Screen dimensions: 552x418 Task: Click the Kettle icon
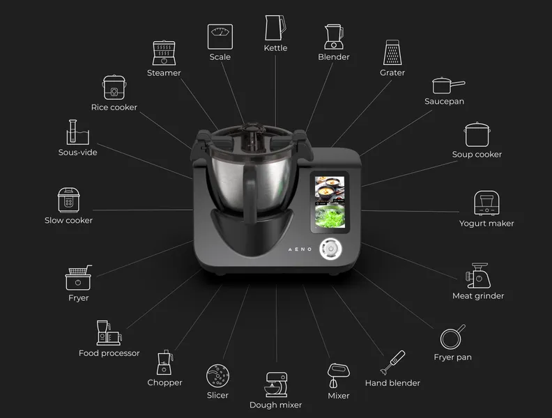pos(275,28)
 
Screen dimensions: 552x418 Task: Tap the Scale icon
pos(220,37)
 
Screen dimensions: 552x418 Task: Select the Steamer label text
pos(164,73)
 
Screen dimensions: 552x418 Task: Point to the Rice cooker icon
pos(114,87)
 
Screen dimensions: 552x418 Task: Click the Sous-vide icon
pos(78,132)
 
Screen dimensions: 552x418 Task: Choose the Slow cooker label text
pos(68,220)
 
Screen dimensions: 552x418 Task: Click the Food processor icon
pos(109,332)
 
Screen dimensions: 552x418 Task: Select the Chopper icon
pos(164,362)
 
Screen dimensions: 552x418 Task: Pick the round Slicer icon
pos(217,376)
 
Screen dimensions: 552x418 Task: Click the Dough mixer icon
pos(276,385)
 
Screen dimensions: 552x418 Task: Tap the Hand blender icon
pos(393,363)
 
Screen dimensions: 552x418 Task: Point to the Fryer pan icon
pos(452,337)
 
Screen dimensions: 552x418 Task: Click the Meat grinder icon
pos(478,275)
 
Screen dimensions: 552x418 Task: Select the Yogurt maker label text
pos(486,224)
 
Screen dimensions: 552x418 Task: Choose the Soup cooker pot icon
pos(477,134)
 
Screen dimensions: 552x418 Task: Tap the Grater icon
pos(392,52)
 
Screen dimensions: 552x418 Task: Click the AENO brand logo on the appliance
pos(300,249)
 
